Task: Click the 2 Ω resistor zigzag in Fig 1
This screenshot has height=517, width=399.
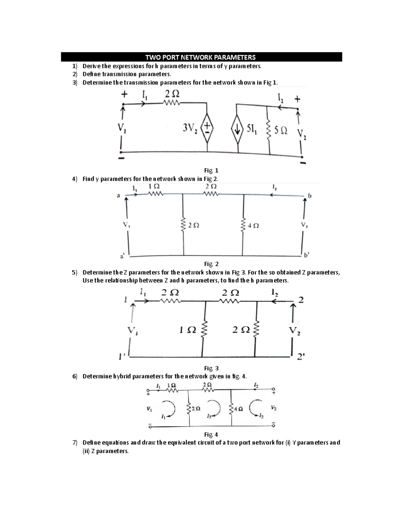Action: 172,104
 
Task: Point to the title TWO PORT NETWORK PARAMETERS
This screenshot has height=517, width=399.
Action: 201,57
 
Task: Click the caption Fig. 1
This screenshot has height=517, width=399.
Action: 209,170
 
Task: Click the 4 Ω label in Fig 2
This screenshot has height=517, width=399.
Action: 253,226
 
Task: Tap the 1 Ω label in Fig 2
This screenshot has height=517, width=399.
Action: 154,186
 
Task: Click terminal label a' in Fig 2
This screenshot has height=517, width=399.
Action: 122,256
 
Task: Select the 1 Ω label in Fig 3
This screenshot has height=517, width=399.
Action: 187,330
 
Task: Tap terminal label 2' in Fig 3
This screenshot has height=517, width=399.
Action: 300,357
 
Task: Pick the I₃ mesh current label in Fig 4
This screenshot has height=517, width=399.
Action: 209,416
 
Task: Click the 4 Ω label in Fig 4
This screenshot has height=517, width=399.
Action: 238,409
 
